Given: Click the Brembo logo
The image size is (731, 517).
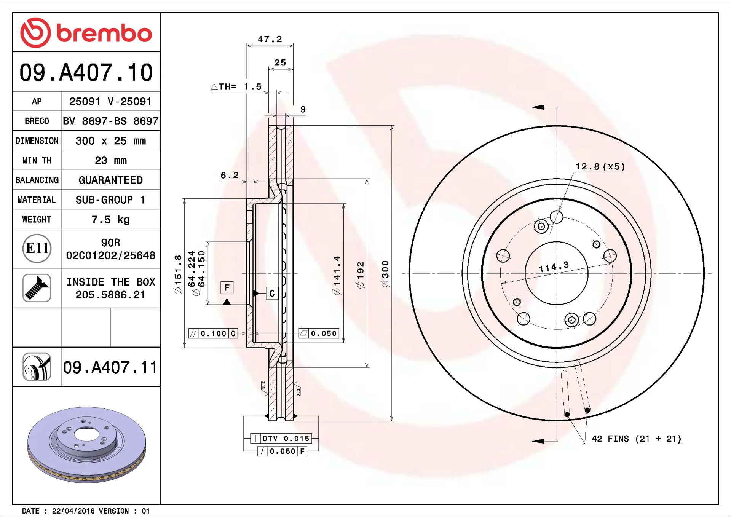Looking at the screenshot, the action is tap(86, 33).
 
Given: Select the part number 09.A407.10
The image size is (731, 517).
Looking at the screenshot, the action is tap(86, 72).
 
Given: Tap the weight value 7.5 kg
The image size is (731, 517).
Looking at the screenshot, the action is tap(110, 219).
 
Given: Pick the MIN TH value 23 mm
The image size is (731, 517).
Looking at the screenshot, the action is tap(110, 160).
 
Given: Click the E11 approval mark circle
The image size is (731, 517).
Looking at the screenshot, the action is tap(37, 248).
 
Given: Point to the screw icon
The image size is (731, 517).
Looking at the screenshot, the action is tap(37, 288).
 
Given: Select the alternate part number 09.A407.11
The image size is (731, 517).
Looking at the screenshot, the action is tap(110, 367).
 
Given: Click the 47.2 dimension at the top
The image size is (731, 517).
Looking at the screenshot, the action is tap(270, 39).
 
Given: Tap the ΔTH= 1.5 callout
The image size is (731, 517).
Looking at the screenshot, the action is tap(236, 87).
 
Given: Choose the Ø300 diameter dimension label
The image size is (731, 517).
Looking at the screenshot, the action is tap(385, 274).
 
